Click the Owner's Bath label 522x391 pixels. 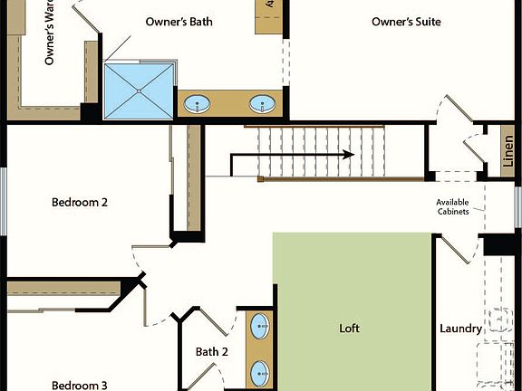pyautogui.click(x=179, y=21)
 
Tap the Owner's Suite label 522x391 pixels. pyautogui.click(x=407, y=21)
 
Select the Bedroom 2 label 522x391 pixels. pyautogui.click(x=80, y=203)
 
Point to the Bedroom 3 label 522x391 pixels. pyautogui.click(x=79, y=385)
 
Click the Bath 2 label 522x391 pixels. pyautogui.click(x=211, y=351)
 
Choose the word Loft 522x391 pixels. pyautogui.click(x=349, y=329)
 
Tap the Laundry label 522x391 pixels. pyautogui.click(x=459, y=329)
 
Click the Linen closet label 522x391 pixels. pyautogui.click(x=508, y=153)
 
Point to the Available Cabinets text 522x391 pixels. pyautogui.click(x=452, y=206)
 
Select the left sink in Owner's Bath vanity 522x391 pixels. pyautogui.click(x=198, y=104)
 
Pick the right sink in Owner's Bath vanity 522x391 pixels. pyautogui.click(x=263, y=104)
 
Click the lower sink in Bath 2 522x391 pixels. pyautogui.click(x=259, y=370)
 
